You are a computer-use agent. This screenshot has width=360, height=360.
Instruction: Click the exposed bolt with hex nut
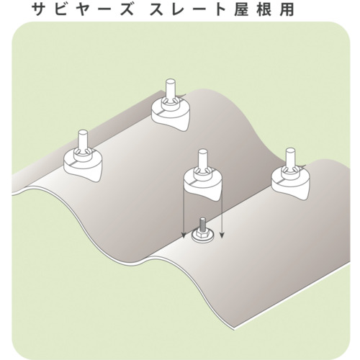(203, 232)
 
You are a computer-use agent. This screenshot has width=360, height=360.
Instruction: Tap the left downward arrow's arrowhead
(184, 235)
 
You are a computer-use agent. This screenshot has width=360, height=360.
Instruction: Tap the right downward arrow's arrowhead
(222, 235)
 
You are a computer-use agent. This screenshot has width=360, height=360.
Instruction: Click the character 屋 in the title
(241, 9)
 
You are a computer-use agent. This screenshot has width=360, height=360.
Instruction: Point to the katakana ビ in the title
(62, 9)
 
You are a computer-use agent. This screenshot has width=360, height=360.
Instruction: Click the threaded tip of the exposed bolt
(203, 222)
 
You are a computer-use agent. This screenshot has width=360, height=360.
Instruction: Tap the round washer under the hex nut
(203, 238)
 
